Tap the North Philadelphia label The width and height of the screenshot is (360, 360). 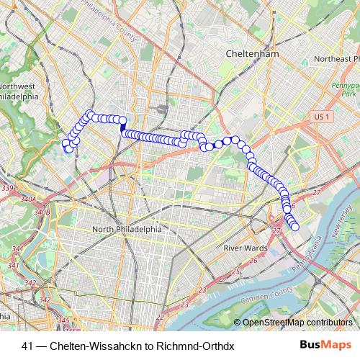pyautogui.click(x=127, y=230)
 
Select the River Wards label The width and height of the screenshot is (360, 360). pyautogui.click(x=245, y=248)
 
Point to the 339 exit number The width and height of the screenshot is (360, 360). pyautogui.click(x=8, y=189)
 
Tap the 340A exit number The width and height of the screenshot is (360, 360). pyautogui.click(x=28, y=199)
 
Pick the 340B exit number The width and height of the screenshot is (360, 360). pyautogui.click(x=41, y=212)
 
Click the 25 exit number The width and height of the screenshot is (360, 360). pyautogui.click(x=235, y=271)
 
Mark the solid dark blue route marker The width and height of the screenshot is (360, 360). pyautogui.click(x=124, y=124)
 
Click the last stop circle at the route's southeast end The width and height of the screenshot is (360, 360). pyautogui.click(x=294, y=227)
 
